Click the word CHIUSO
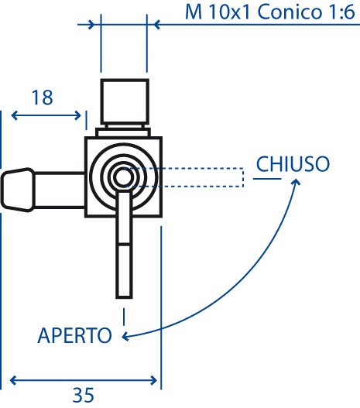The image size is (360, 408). tap(293, 164)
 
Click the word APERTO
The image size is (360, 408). tap(75, 335)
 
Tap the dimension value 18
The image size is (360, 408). tap(42, 98)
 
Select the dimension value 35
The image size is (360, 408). tap(83, 396)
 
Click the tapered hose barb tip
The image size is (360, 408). tap(18, 189)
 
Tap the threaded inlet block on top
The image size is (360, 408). tap(125, 101)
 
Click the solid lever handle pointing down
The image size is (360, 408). tap(124, 244)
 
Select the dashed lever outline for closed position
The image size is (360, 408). tap(184, 177)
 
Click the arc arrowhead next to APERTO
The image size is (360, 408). tap(126, 336)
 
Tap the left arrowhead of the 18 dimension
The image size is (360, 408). tap(15, 115)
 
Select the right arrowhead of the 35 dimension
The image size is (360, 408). tap(153, 381)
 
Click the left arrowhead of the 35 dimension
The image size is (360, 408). tap(13, 381)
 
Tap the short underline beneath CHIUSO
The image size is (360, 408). tap(267, 179)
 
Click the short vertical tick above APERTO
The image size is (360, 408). tap(124, 317)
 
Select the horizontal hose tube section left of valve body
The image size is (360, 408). tap(60, 190)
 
